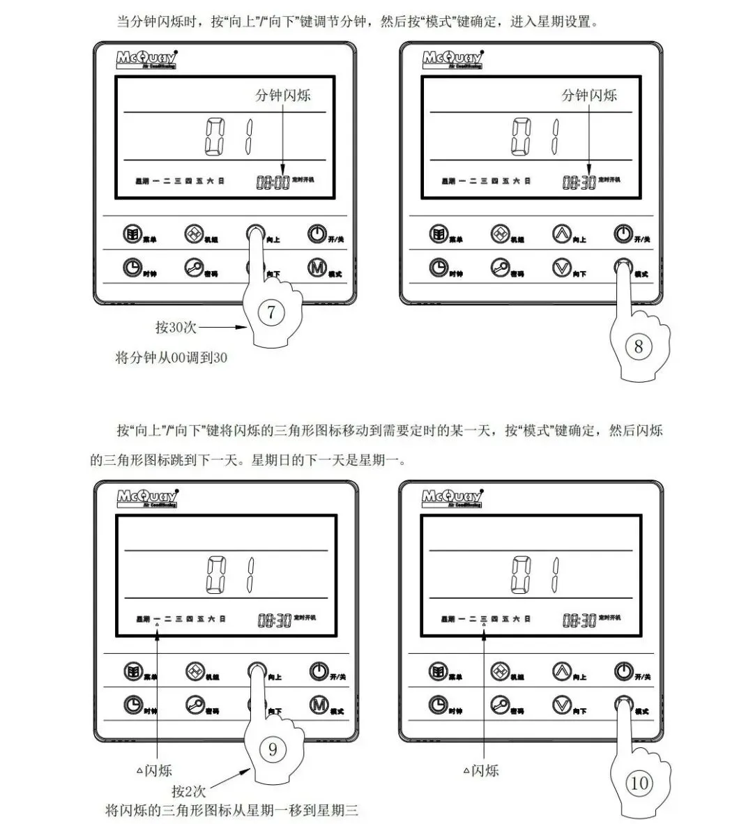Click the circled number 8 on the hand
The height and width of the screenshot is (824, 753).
click(639, 346)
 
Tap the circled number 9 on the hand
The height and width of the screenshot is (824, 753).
click(273, 749)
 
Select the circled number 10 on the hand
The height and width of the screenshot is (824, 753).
click(639, 783)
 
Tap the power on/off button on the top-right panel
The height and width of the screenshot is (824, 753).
click(623, 234)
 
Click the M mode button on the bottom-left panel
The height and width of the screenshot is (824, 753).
click(319, 705)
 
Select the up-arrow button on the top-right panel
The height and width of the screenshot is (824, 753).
click(562, 234)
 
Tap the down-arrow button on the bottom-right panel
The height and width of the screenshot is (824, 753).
click(561, 705)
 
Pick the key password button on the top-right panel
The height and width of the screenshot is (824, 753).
click(500, 267)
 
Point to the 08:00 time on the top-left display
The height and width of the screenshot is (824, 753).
click(273, 183)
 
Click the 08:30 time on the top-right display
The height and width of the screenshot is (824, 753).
click(579, 183)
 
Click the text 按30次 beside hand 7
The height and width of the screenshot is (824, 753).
click(176, 327)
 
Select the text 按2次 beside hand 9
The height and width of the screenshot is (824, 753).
click(189, 791)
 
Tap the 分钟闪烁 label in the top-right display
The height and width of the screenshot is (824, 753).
click(589, 96)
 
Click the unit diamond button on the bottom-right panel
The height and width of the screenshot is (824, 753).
click(499, 671)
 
